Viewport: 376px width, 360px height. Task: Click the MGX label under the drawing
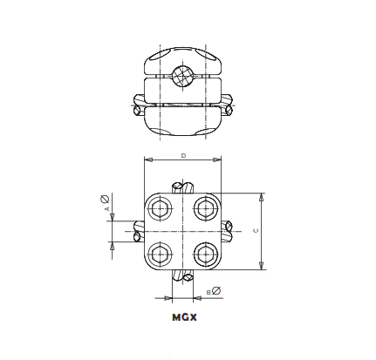click(x=184, y=317)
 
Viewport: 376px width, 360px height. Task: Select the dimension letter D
click(x=182, y=155)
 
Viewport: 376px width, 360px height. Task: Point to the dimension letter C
click(x=255, y=231)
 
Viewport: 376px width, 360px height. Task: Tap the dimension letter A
click(x=106, y=210)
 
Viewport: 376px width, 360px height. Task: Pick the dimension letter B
click(x=207, y=290)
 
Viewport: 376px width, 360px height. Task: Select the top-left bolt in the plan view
click(x=161, y=208)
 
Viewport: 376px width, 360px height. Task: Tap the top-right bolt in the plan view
click(x=205, y=208)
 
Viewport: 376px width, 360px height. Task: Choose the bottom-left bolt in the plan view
click(x=161, y=255)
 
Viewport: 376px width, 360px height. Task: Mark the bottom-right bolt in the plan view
click(x=205, y=255)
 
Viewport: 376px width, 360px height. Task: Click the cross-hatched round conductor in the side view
click(x=182, y=76)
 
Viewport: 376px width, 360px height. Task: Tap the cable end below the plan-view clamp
click(x=182, y=276)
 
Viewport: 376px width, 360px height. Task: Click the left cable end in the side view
click(x=137, y=105)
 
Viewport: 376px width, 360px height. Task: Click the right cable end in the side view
click(x=229, y=105)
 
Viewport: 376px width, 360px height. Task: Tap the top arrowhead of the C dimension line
click(x=262, y=196)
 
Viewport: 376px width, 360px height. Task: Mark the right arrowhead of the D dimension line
click(x=219, y=160)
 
